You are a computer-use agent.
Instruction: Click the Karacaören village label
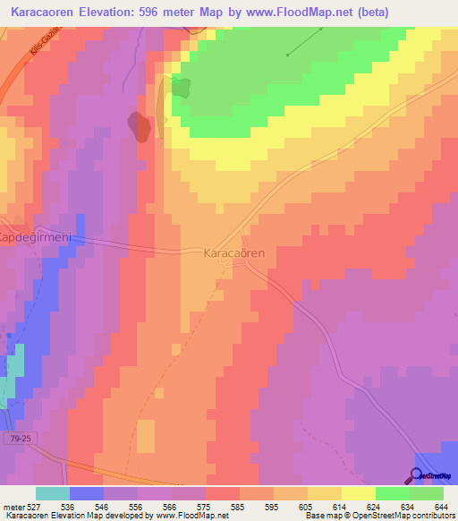tap(234, 253)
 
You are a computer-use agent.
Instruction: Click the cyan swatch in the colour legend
tap(53, 493)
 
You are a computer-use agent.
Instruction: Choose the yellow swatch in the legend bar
tap(359, 493)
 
